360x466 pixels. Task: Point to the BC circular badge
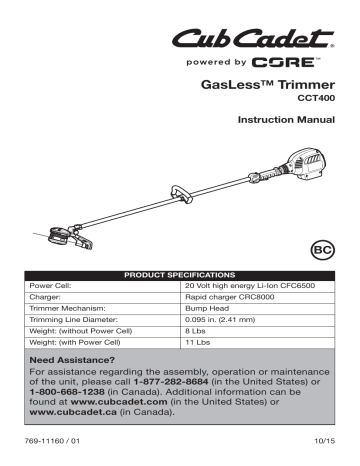318,245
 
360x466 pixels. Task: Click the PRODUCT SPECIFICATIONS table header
180,274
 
